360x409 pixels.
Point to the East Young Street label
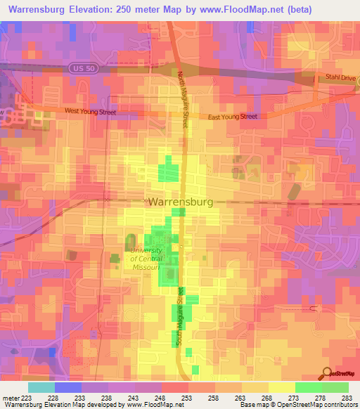pyautogui.click(x=231, y=117)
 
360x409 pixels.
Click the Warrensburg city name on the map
pyautogui.click(x=180, y=201)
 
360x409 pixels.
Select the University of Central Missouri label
pyautogui.click(x=146, y=258)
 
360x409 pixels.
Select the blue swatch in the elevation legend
pyautogui.click(x=68, y=387)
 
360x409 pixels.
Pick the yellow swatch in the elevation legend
pyautogui.click(x=282, y=387)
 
